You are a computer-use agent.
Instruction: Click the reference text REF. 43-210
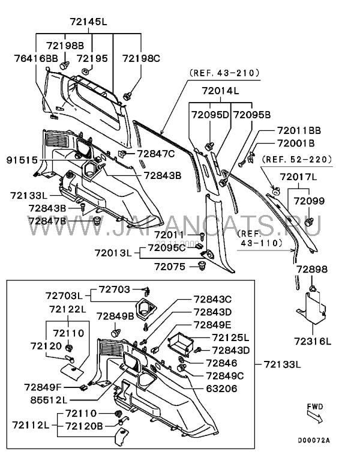click(224, 73)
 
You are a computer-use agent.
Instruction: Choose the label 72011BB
click(299, 130)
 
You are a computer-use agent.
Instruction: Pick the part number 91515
click(22, 160)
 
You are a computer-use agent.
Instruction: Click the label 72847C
click(155, 154)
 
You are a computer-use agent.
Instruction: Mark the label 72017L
click(299, 178)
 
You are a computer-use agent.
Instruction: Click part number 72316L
click(313, 340)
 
